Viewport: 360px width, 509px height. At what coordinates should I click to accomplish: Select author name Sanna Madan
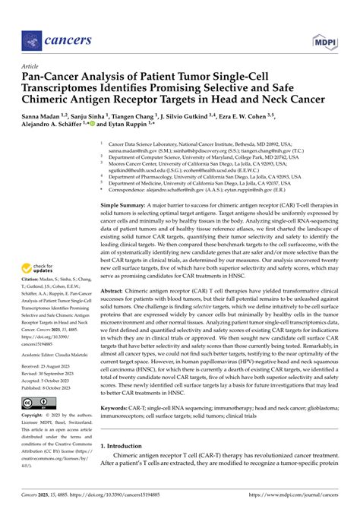[44, 119]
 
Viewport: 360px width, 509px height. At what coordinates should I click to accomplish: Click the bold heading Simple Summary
[128, 206]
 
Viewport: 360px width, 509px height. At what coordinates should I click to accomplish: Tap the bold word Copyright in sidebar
[36, 416]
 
